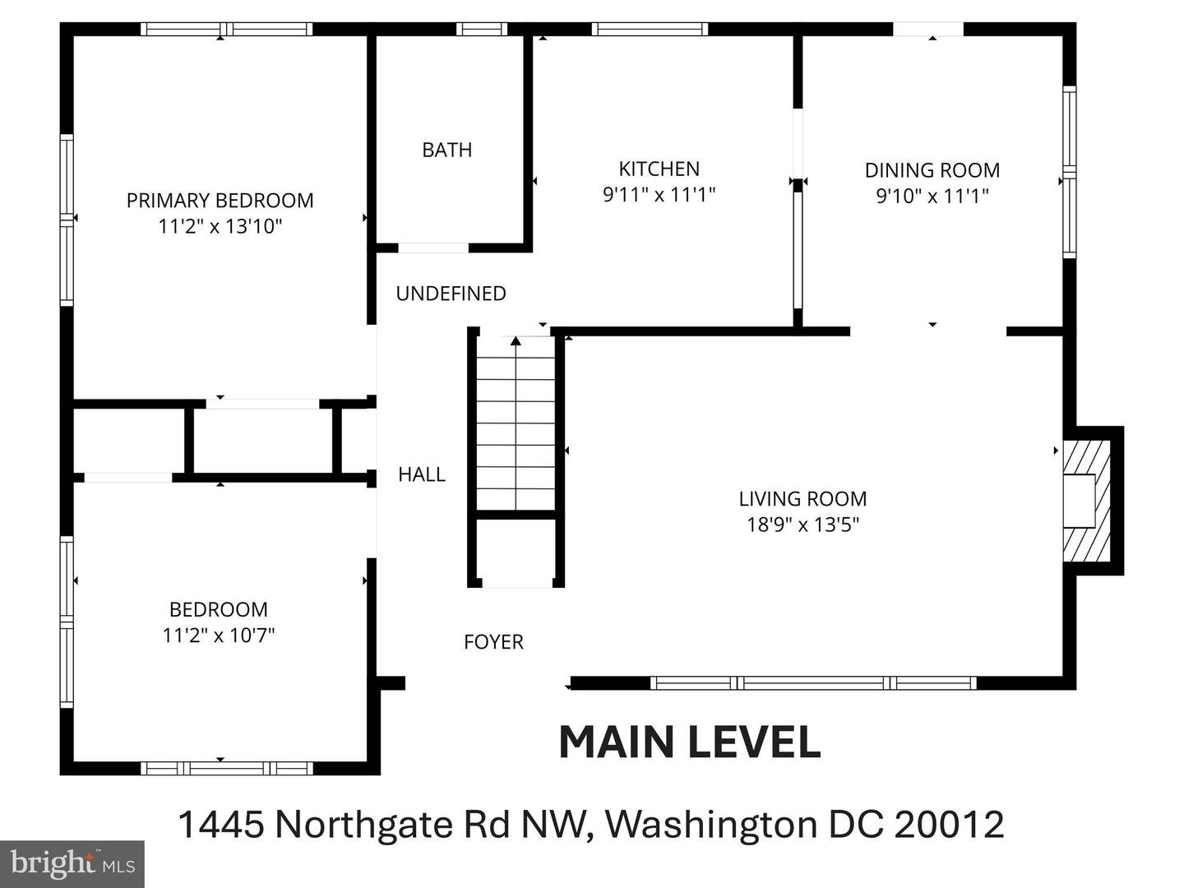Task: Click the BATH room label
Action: click(x=446, y=150)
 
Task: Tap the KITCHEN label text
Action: click(x=659, y=169)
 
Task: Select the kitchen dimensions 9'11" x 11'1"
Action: click(x=659, y=195)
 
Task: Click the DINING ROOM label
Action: click(x=932, y=170)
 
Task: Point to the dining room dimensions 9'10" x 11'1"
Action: click(x=932, y=196)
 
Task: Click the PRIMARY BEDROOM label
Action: click(x=220, y=200)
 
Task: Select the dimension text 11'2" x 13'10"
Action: click(x=220, y=226)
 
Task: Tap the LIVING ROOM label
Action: click(x=802, y=498)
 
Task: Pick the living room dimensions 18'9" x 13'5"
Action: click(x=802, y=525)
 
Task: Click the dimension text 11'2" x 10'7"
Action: click(x=218, y=635)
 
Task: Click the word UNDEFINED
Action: click(x=451, y=294)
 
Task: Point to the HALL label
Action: click(x=422, y=474)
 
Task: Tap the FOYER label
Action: click(x=493, y=641)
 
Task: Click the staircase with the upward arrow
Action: click(x=516, y=423)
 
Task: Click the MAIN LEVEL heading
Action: click(x=689, y=742)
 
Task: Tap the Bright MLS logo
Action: click(x=72, y=863)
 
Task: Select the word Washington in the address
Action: click(x=711, y=824)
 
